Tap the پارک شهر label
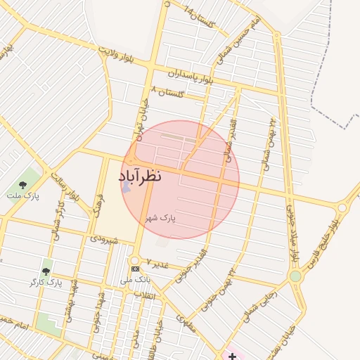(x=160, y=219)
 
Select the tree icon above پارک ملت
(x=22, y=185)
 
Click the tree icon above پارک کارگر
(x=46, y=271)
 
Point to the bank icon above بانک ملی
(x=134, y=269)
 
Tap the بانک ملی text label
(x=134, y=280)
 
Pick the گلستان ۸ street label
(x=167, y=92)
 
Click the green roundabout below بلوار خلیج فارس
(x=295, y=276)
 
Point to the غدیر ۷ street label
(x=158, y=263)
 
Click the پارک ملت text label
(x=24, y=195)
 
